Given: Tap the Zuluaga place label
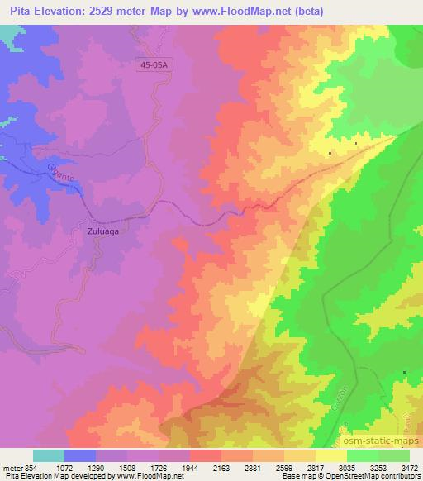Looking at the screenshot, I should coord(104,232).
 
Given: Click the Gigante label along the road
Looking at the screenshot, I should coord(59,175).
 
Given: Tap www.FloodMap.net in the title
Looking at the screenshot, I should coord(249,12).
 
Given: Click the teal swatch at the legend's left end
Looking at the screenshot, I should coord(48,455).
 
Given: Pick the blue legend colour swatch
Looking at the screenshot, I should coord(79,455).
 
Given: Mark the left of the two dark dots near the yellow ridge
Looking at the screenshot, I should coord(330,154).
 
